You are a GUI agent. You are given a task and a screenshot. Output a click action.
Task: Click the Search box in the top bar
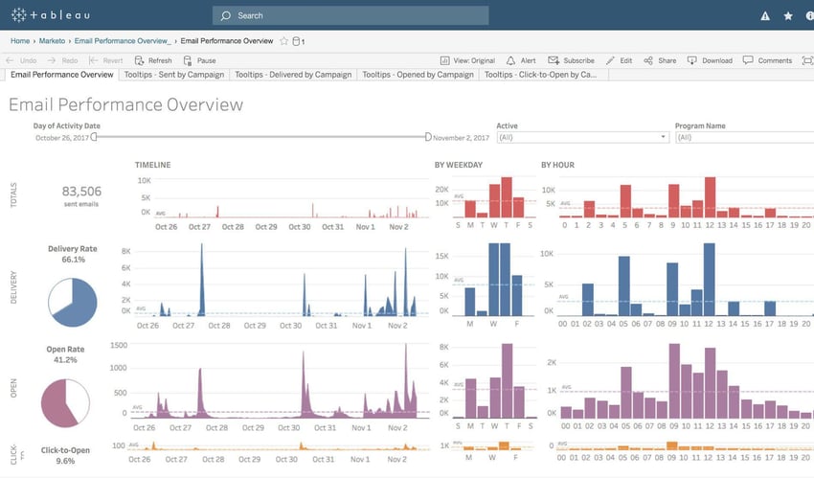(x=350, y=15)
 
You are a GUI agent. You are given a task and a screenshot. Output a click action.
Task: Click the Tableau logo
(x=54, y=15)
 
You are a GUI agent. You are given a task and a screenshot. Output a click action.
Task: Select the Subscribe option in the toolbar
(x=572, y=60)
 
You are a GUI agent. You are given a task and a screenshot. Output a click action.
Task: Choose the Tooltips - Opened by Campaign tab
(x=418, y=74)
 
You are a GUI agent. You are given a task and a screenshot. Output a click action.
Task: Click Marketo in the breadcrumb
(x=52, y=41)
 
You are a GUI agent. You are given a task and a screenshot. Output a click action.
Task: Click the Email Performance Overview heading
(x=125, y=104)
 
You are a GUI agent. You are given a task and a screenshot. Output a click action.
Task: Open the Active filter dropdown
(x=581, y=138)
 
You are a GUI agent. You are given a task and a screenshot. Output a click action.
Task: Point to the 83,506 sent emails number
(x=81, y=192)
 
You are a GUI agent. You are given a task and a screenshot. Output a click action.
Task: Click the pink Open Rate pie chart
(x=65, y=403)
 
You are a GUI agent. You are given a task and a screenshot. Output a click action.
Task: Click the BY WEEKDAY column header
(x=458, y=166)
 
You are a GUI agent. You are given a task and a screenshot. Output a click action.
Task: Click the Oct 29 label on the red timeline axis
(x=265, y=227)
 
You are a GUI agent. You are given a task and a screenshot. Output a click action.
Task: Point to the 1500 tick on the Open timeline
(x=118, y=345)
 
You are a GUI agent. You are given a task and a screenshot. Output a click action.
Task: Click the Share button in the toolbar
(x=661, y=60)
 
